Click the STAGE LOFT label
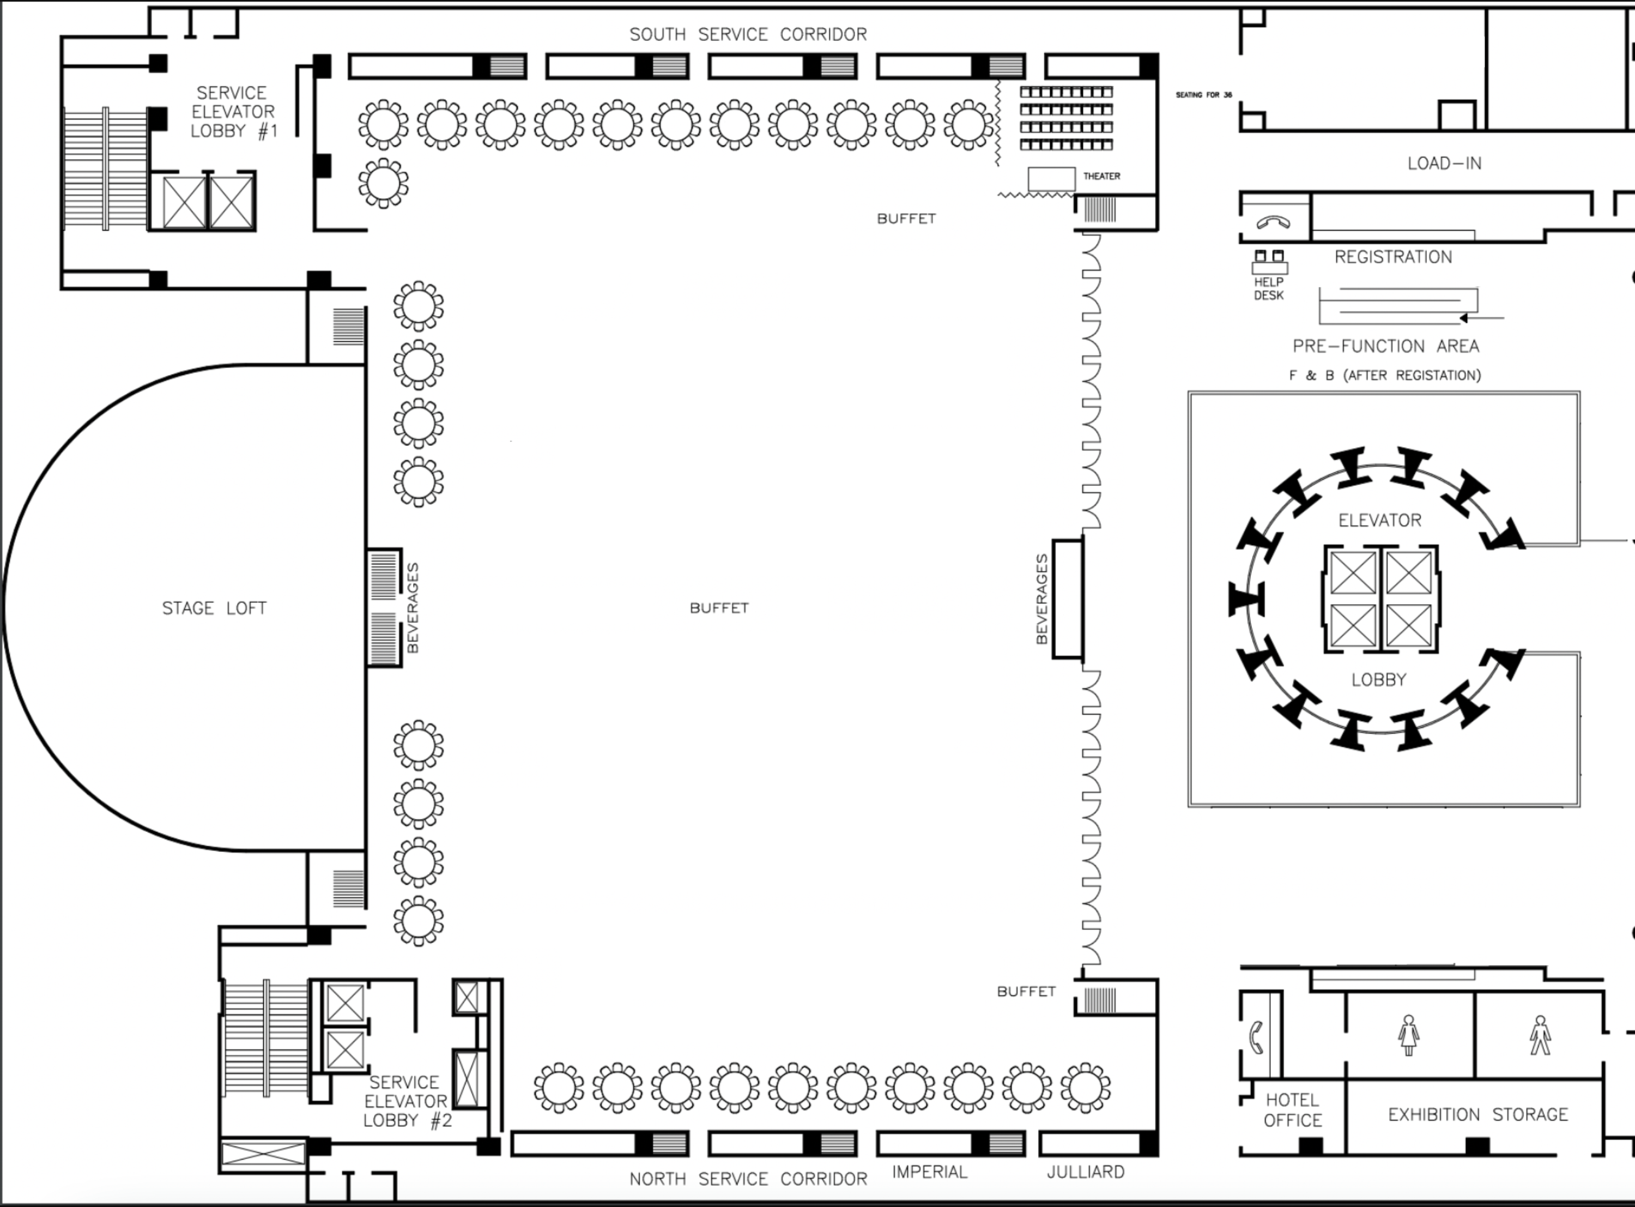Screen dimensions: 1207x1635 pos(214,608)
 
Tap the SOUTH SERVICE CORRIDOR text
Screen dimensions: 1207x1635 pos(748,34)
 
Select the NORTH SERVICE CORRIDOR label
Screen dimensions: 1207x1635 pos(748,1179)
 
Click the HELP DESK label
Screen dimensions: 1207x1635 pos(1268,288)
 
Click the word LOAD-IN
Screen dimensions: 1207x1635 pos(1444,164)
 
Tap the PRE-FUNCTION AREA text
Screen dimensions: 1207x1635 pos(1385,346)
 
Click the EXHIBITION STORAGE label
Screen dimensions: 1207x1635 pos(1477,1114)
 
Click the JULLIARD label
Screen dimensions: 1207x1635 pos(1085,1172)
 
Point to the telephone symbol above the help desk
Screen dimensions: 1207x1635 pos(1273,222)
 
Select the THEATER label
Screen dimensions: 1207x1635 pos(1101,176)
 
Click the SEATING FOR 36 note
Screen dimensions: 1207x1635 pos(1203,95)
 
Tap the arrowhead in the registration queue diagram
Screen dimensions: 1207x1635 pos(1463,318)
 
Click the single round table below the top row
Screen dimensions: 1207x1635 pos(383,183)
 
